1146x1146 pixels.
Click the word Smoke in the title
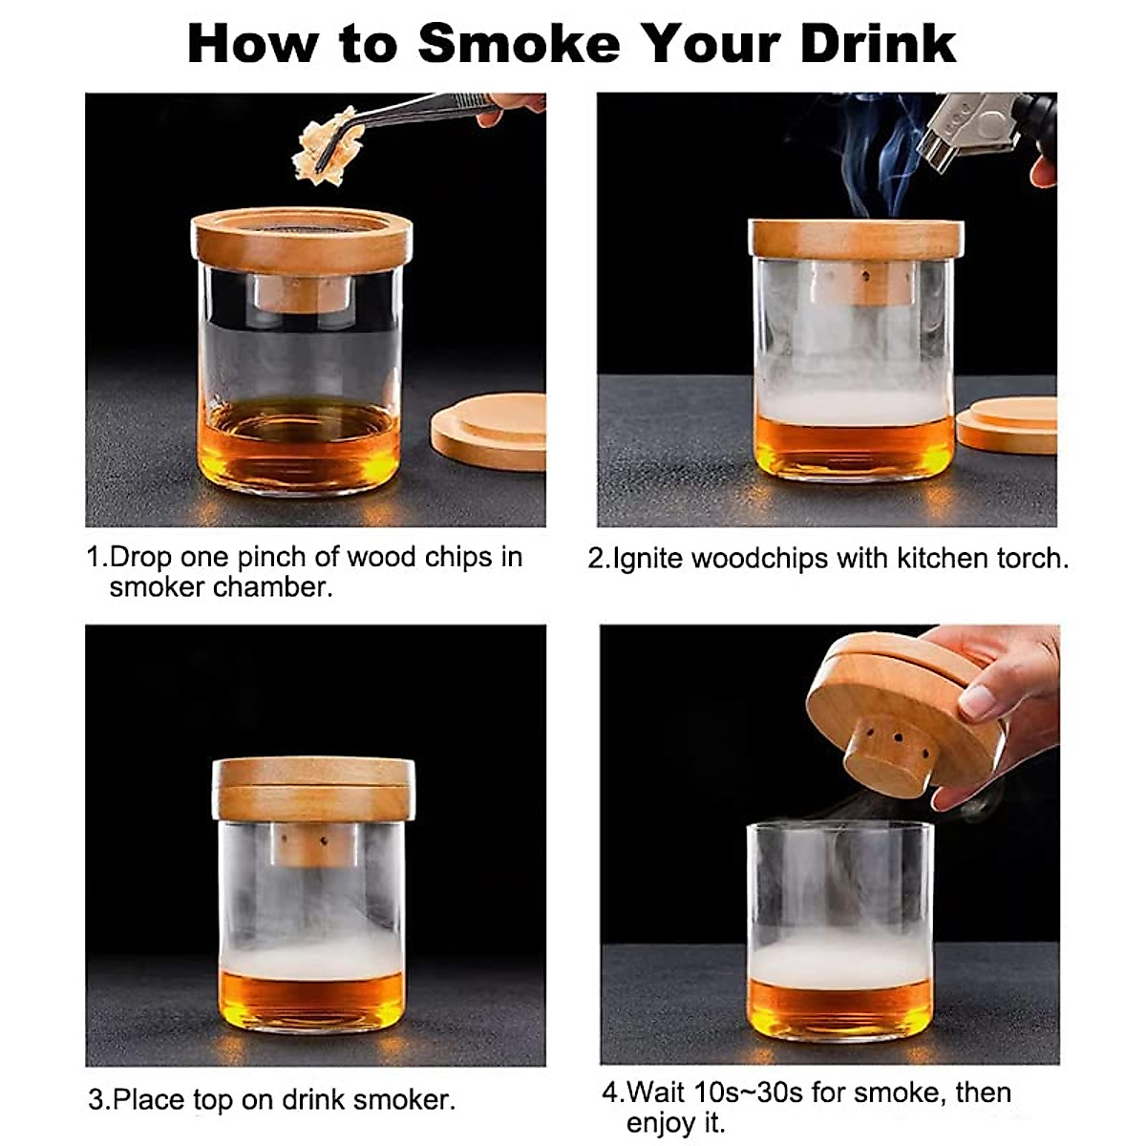click(520, 43)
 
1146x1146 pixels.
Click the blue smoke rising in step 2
click(874, 162)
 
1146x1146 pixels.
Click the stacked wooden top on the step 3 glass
click(313, 789)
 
